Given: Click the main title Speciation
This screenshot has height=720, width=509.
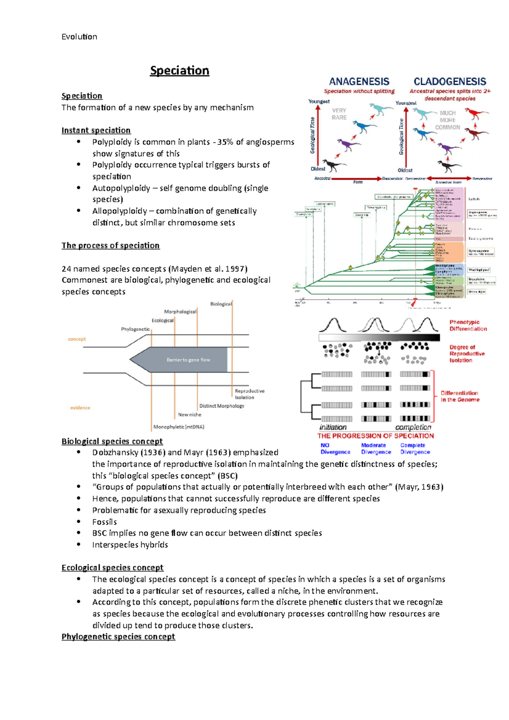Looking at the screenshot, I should click(179, 70).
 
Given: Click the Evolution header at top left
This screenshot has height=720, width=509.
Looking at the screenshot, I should click(79, 37).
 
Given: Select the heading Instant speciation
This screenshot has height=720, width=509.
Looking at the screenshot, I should click(96, 130).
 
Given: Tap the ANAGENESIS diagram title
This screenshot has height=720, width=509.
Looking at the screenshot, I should click(359, 81).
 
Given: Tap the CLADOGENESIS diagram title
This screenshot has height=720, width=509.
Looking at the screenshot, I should click(450, 81).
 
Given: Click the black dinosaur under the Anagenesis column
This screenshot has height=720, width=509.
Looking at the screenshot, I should click(333, 165).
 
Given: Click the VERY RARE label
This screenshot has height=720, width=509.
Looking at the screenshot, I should click(339, 114).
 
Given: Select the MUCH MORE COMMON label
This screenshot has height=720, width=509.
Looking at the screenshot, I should click(447, 120).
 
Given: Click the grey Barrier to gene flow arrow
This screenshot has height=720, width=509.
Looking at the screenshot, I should click(182, 360).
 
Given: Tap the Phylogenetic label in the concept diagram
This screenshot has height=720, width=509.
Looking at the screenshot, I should click(135, 329).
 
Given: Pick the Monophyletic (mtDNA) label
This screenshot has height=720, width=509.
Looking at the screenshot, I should click(179, 427).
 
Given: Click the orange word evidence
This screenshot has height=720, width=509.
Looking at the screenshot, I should click(80, 408).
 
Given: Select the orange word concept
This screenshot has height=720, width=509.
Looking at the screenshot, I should click(77, 339).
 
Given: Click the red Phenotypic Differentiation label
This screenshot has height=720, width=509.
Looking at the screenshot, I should click(468, 326).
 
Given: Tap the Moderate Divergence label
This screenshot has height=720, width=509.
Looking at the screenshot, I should click(375, 449).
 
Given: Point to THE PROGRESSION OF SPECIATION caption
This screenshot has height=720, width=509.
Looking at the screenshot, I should click(375, 436).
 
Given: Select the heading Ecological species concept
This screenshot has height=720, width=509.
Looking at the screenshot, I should click(112, 568).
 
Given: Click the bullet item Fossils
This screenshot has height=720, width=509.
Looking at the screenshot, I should click(104, 522).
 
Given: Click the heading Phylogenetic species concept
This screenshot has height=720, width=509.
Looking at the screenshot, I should click(118, 636).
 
